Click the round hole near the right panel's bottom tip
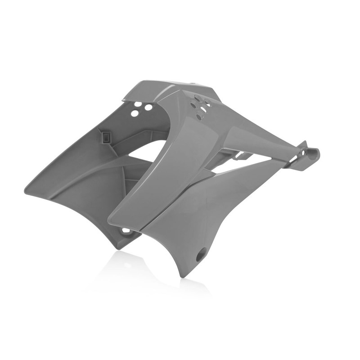point(200,256)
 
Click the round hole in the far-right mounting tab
point(309,153)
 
